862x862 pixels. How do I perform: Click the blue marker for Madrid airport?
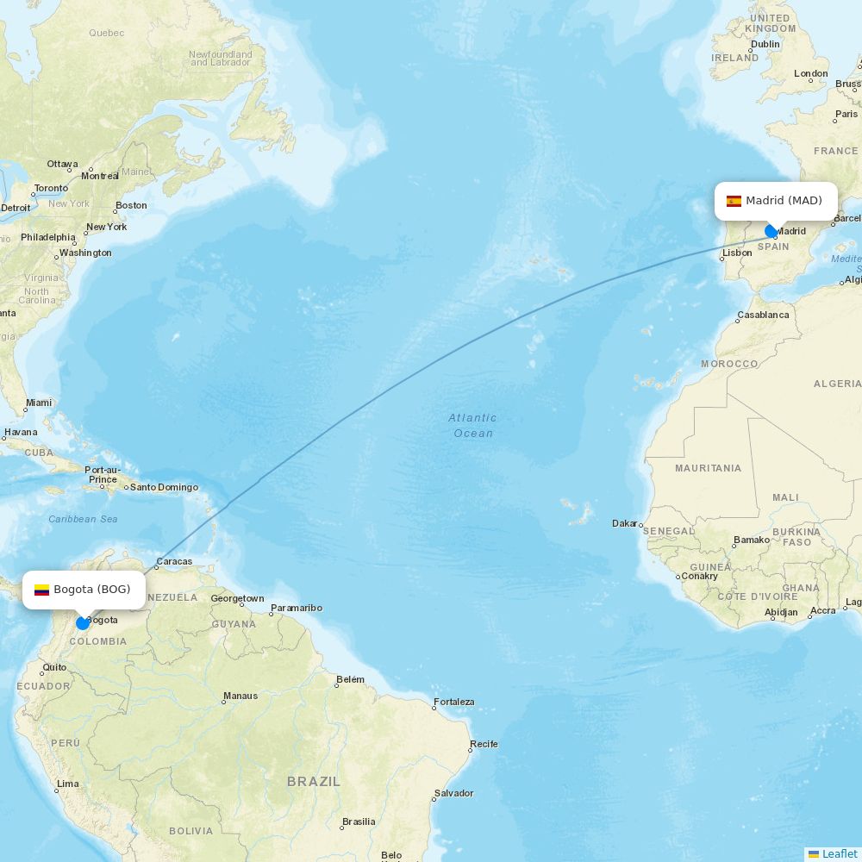[771, 231]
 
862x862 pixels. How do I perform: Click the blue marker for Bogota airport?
[83, 622]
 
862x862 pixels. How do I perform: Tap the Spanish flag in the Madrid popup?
[734, 201]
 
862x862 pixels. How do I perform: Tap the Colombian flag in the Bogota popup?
[41, 590]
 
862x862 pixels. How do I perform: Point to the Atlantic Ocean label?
[473, 425]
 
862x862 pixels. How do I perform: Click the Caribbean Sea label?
[83, 519]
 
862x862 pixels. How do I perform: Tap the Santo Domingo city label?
[164, 487]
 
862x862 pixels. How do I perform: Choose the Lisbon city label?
[737, 253]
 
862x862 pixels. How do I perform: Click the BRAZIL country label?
[314, 781]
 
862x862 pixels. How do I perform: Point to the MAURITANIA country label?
[708, 468]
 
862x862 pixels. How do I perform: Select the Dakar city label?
[624, 523]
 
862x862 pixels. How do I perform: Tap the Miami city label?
[39, 403]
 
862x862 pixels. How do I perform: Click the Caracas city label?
[174, 561]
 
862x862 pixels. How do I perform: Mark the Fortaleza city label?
[454, 702]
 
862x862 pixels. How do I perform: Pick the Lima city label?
[67, 784]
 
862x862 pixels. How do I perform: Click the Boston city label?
[131, 205]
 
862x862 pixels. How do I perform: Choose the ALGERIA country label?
[837, 383]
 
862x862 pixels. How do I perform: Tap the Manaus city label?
[240, 696]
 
